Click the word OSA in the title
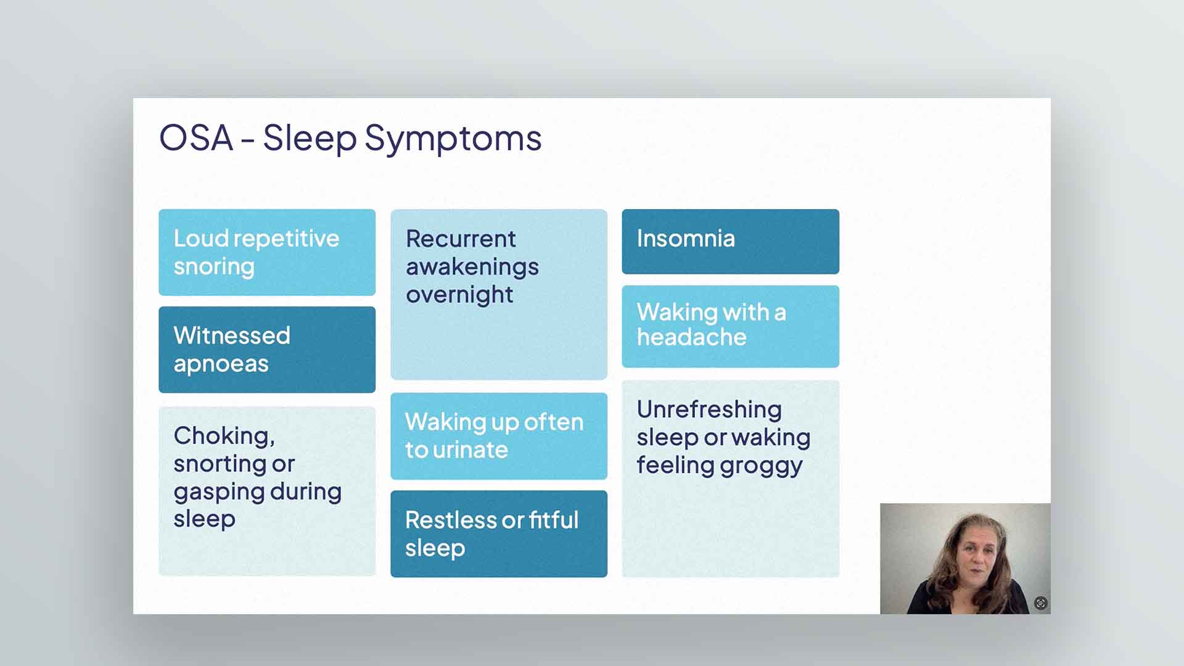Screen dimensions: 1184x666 [x=196, y=138]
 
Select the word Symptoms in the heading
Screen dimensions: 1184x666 [x=453, y=140]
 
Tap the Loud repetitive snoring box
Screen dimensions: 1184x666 [x=267, y=252]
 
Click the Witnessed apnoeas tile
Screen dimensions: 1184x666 [x=267, y=350]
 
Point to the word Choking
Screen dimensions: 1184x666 [x=224, y=437]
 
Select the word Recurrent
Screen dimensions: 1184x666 [x=461, y=239]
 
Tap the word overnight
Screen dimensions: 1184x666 [x=459, y=295]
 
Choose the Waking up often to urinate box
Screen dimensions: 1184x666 [x=499, y=436]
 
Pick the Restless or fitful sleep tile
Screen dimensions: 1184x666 [x=499, y=534]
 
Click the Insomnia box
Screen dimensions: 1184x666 [x=731, y=242]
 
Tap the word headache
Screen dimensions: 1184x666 [x=692, y=337]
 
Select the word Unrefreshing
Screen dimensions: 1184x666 [x=709, y=409]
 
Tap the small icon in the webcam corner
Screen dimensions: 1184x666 [x=1041, y=603]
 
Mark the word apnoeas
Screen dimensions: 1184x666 [x=221, y=364]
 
